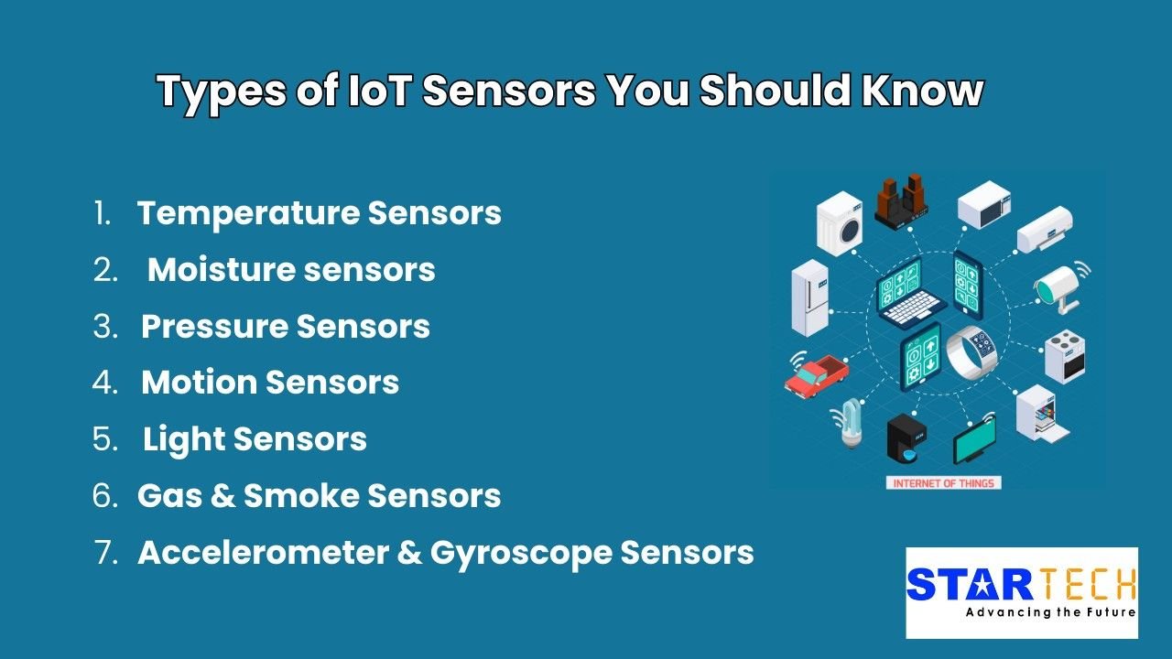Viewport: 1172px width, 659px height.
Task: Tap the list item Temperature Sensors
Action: pos(319,213)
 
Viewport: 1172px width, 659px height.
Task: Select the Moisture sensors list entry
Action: pos(291,270)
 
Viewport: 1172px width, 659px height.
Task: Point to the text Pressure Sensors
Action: pos(286,327)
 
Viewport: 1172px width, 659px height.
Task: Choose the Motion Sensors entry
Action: pos(270,383)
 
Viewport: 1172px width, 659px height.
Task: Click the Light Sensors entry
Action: pos(255,439)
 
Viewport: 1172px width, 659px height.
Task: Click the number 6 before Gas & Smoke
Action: pos(105,496)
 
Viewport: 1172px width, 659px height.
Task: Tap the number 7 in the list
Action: pos(105,553)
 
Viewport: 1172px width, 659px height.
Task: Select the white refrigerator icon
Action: pos(811,297)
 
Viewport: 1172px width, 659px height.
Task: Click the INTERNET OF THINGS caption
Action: pos(943,483)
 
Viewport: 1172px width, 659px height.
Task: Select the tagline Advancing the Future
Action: pos(1050,611)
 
